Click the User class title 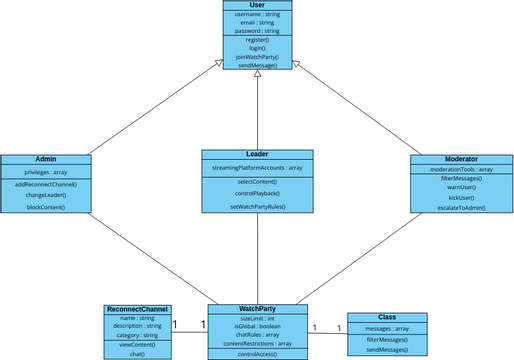[x=257, y=6]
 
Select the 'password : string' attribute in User [x=257, y=30]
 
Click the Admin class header [x=45, y=160]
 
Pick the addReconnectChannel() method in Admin [x=46, y=185]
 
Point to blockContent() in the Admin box [x=46, y=207]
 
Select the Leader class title [x=258, y=155]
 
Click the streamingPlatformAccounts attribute [x=258, y=167]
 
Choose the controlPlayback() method [x=258, y=192]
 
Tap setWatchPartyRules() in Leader [x=258, y=205]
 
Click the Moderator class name [x=460, y=159]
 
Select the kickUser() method [x=460, y=197]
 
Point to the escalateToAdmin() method [x=460, y=207]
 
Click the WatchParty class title [x=258, y=308]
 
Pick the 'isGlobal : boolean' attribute [x=258, y=326]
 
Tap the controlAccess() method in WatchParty [x=258, y=354]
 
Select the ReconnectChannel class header [x=137, y=309]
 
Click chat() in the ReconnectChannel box [x=137, y=354]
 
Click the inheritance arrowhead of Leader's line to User [x=257, y=74]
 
